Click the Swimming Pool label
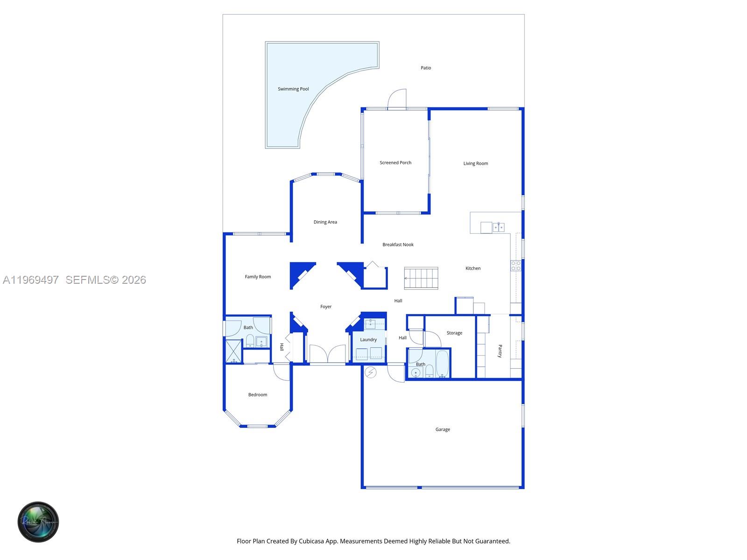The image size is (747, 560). click(x=293, y=89)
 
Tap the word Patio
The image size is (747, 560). click(x=426, y=68)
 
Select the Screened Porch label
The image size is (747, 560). click(x=395, y=163)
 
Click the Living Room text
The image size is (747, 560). click(x=475, y=164)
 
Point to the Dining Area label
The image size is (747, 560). click(x=325, y=222)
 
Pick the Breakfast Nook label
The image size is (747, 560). click(x=398, y=245)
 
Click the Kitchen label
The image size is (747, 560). click(x=473, y=268)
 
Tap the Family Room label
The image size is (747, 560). click(x=258, y=277)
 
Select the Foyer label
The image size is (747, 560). click(x=326, y=307)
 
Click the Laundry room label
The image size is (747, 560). click(x=368, y=340)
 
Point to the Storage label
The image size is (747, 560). click(x=454, y=333)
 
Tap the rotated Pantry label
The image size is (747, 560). click(x=500, y=351)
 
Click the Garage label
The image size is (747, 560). click(x=443, y=429)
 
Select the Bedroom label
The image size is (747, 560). click(x=258, y=395)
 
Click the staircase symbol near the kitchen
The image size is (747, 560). click(x=421, y=278)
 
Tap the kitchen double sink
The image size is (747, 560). click(x=498, y=227)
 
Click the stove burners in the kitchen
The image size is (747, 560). click(x=515, y=266)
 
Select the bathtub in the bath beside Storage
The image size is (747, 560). click(x=442, y=364)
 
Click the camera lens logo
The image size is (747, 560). click(x=38, y=522)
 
